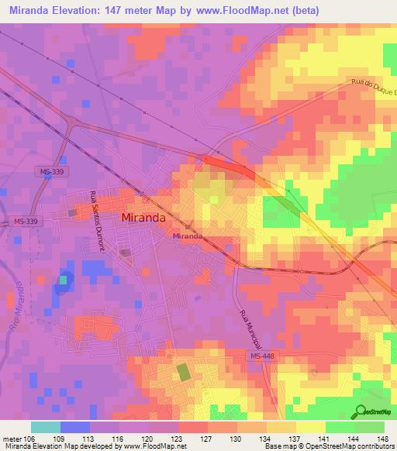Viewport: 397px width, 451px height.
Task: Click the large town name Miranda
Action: (143, 219)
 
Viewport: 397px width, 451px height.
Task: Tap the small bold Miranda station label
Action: (188, 236)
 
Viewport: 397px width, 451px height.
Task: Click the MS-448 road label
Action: (263, 356)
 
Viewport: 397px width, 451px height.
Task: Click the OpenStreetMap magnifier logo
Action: (358, 411)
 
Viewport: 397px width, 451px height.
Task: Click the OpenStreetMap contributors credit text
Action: (342, 446)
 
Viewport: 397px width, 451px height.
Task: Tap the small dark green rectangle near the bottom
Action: (184, 372)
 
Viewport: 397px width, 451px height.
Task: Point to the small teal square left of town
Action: (64, 280)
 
